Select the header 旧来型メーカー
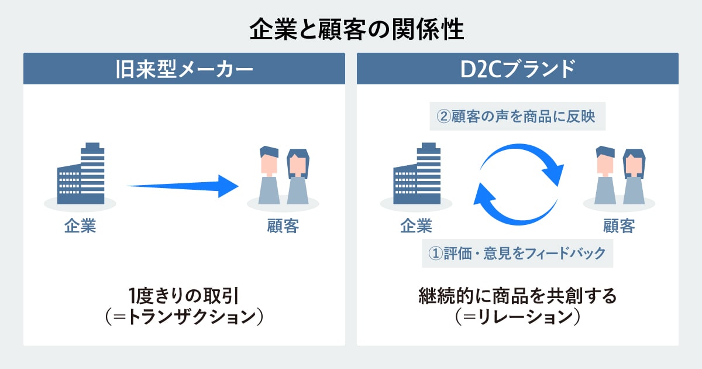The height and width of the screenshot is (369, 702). (x=184, y=69)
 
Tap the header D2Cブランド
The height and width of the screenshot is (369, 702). (x=517, y=69)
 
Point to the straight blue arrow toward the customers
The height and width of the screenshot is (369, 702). (x=181, y=186)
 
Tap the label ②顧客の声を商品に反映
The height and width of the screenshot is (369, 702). (x=517, y=117)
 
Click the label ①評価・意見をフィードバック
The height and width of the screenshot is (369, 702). (x=517, y=254)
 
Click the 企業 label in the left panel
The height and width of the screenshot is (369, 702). (x=80, y=226)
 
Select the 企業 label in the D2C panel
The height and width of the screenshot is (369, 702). (x=416, y=226)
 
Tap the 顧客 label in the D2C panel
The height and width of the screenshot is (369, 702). (x=619, y=226)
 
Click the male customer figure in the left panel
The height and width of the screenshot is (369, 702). (x=269, y=176)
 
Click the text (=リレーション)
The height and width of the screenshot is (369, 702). (x=517, y=317)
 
